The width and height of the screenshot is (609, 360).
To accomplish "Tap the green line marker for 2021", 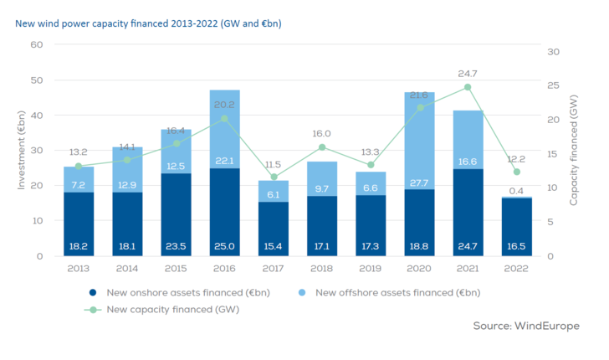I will [468, 87].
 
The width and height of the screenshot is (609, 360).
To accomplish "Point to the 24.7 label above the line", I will [468, 74].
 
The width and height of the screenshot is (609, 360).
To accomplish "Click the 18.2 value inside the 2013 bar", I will [79, 247].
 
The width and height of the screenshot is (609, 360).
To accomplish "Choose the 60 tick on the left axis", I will [37, 44].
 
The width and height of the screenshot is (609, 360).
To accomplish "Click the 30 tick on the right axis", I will [552, 52].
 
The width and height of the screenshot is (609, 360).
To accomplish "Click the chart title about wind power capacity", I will [148, 23].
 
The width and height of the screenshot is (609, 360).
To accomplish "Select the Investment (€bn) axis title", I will [22, 150].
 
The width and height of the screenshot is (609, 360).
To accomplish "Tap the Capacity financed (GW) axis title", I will [575, 150].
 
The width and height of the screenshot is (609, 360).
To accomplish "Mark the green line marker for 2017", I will [274, 177].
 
